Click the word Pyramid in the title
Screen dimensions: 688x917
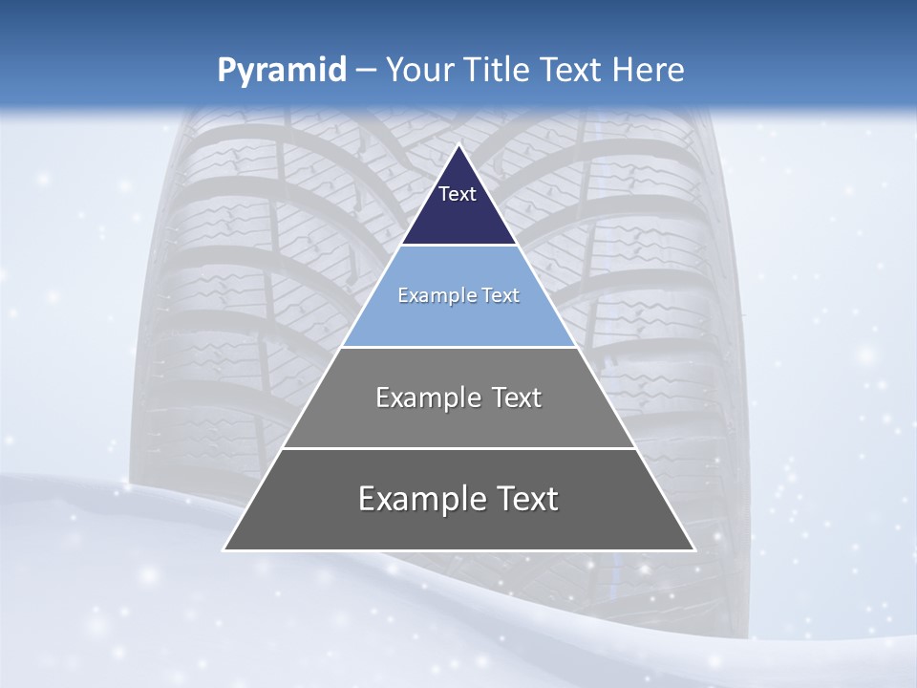pyautogui.click(x=281, y=71)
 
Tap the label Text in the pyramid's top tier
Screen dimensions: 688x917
pyautogui.click(x=457, y=194)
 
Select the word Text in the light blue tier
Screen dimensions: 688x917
pyautogui.click(x=501, y=295)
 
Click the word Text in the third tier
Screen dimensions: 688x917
pyautogui.click(x=517, y=398)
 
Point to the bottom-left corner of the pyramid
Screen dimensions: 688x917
pyautogui.click(x=224, y=549)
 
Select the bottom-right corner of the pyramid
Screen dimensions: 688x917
pyautogui.click(x=693, y=549)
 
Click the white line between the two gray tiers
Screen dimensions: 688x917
pyautogui.click(x=458, y=448)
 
